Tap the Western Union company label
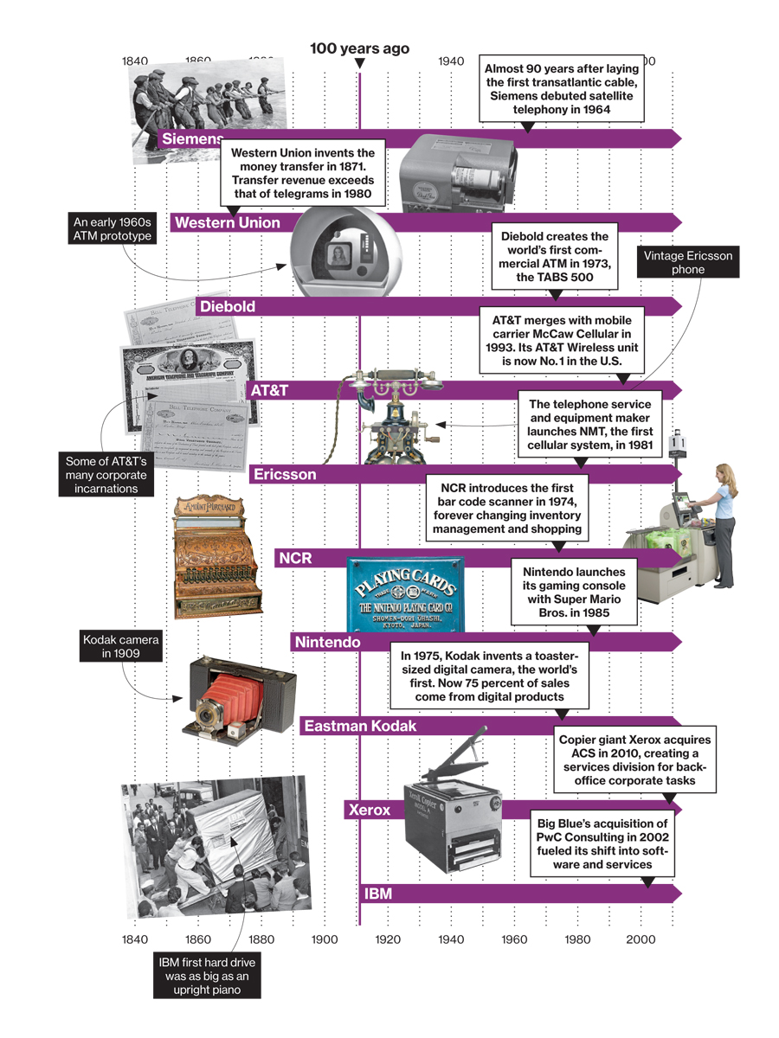tap(227, 223)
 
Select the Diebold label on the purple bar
tap(226, 306)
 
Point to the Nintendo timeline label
tap(327, 643)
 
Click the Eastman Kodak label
tap(359, 727)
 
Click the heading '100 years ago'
tap(360, 48)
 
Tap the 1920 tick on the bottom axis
tap(388, 939)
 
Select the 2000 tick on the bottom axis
tap(641, 939)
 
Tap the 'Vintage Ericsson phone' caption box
tap(689, 263)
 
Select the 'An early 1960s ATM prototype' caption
tap(113, 229)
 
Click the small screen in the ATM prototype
tap(335, 255)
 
